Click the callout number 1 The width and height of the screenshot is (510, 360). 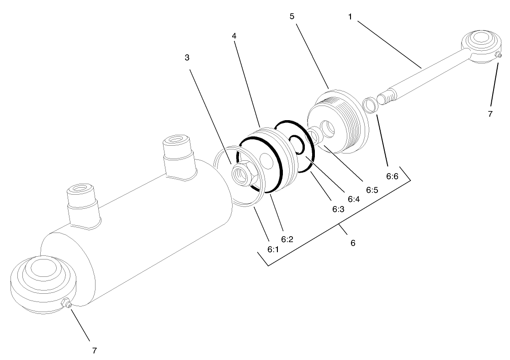(x=350, y=16)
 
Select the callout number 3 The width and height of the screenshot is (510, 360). (x=187, y=58)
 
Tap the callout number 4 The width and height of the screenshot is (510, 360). (x=234, y=36)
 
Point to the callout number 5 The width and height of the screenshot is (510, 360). (x=292, y=16)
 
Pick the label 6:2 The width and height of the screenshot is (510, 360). (x=287, y=238)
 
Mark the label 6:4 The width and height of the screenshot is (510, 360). (x=353, y=199)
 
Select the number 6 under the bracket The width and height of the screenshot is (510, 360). (x=353, y=243)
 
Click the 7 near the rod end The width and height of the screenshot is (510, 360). (x=490, y=114)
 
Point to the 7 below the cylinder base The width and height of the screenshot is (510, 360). (x=95, y=350)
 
